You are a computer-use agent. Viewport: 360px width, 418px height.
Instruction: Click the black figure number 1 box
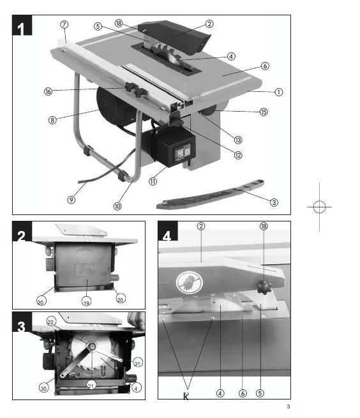tap(23, 28)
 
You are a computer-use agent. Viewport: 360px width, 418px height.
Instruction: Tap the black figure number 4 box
tap(167, 235)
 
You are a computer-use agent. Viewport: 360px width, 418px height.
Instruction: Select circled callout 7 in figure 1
tap(64, 24)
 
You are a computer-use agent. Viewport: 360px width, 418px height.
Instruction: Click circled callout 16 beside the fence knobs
tap(48, 91)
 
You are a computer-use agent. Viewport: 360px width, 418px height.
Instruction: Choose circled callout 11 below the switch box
tap(153, 181)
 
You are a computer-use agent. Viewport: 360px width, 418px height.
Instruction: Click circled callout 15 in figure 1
tap(264, 112)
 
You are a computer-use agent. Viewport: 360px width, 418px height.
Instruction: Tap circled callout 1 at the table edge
tap(278, 91)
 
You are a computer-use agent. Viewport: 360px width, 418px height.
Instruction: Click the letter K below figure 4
tap(186, 398)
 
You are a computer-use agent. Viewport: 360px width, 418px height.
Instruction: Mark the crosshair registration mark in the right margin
tap(320, 207)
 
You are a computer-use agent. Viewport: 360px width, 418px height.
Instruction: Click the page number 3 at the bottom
tap(288, 407)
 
